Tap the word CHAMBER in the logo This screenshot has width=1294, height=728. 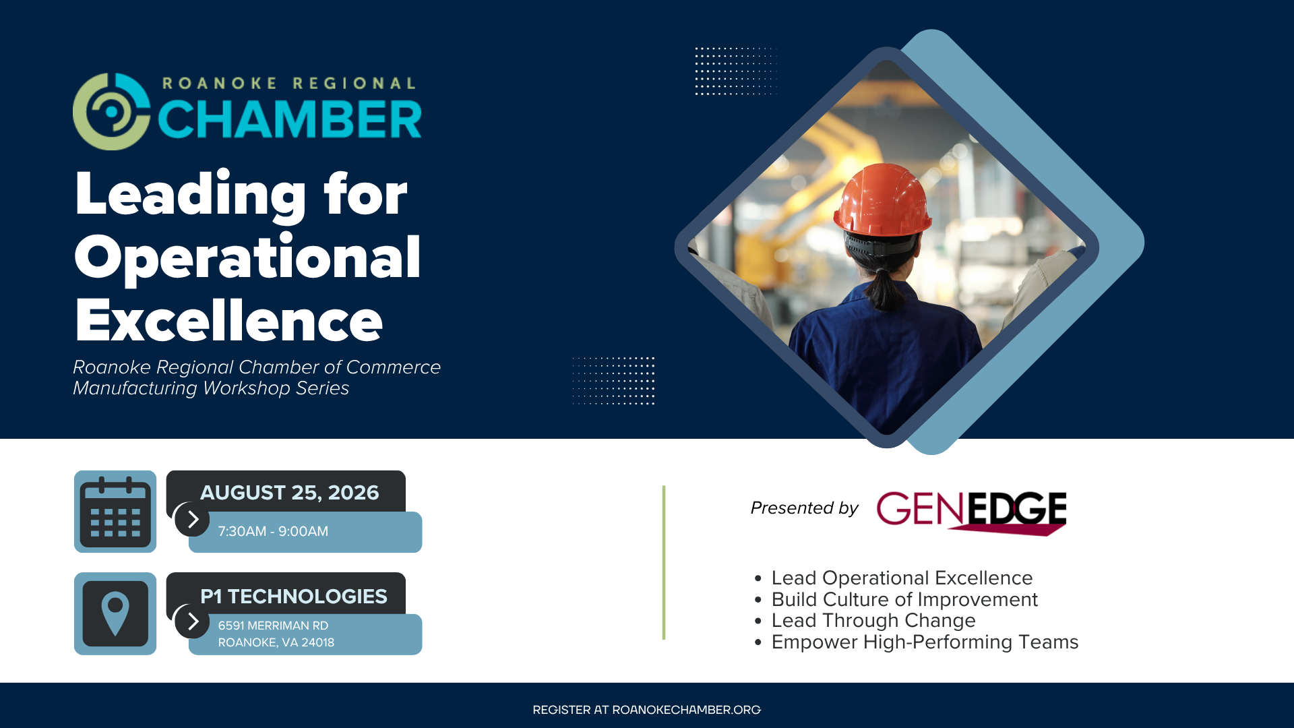[290, 119]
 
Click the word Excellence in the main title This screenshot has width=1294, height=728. [229, 321]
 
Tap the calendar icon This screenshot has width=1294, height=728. [115, 512]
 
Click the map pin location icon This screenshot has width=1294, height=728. [115, 613]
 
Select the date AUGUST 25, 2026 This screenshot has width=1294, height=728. [290, 493]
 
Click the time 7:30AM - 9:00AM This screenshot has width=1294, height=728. [273, 531]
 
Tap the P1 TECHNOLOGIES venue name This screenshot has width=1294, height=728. [294, 597]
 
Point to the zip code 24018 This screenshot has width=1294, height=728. [318, 642]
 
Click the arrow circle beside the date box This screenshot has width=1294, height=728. [192, 519]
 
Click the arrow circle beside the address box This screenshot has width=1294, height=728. [192, 621]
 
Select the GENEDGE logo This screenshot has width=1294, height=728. [971, 513]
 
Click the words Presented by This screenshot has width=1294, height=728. [805, 508]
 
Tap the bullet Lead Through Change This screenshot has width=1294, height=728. [873, 620]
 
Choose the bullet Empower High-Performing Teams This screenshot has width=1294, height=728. [925, 642]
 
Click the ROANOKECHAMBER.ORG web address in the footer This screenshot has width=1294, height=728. [687, 710]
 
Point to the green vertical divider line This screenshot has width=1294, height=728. [664, 562]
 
